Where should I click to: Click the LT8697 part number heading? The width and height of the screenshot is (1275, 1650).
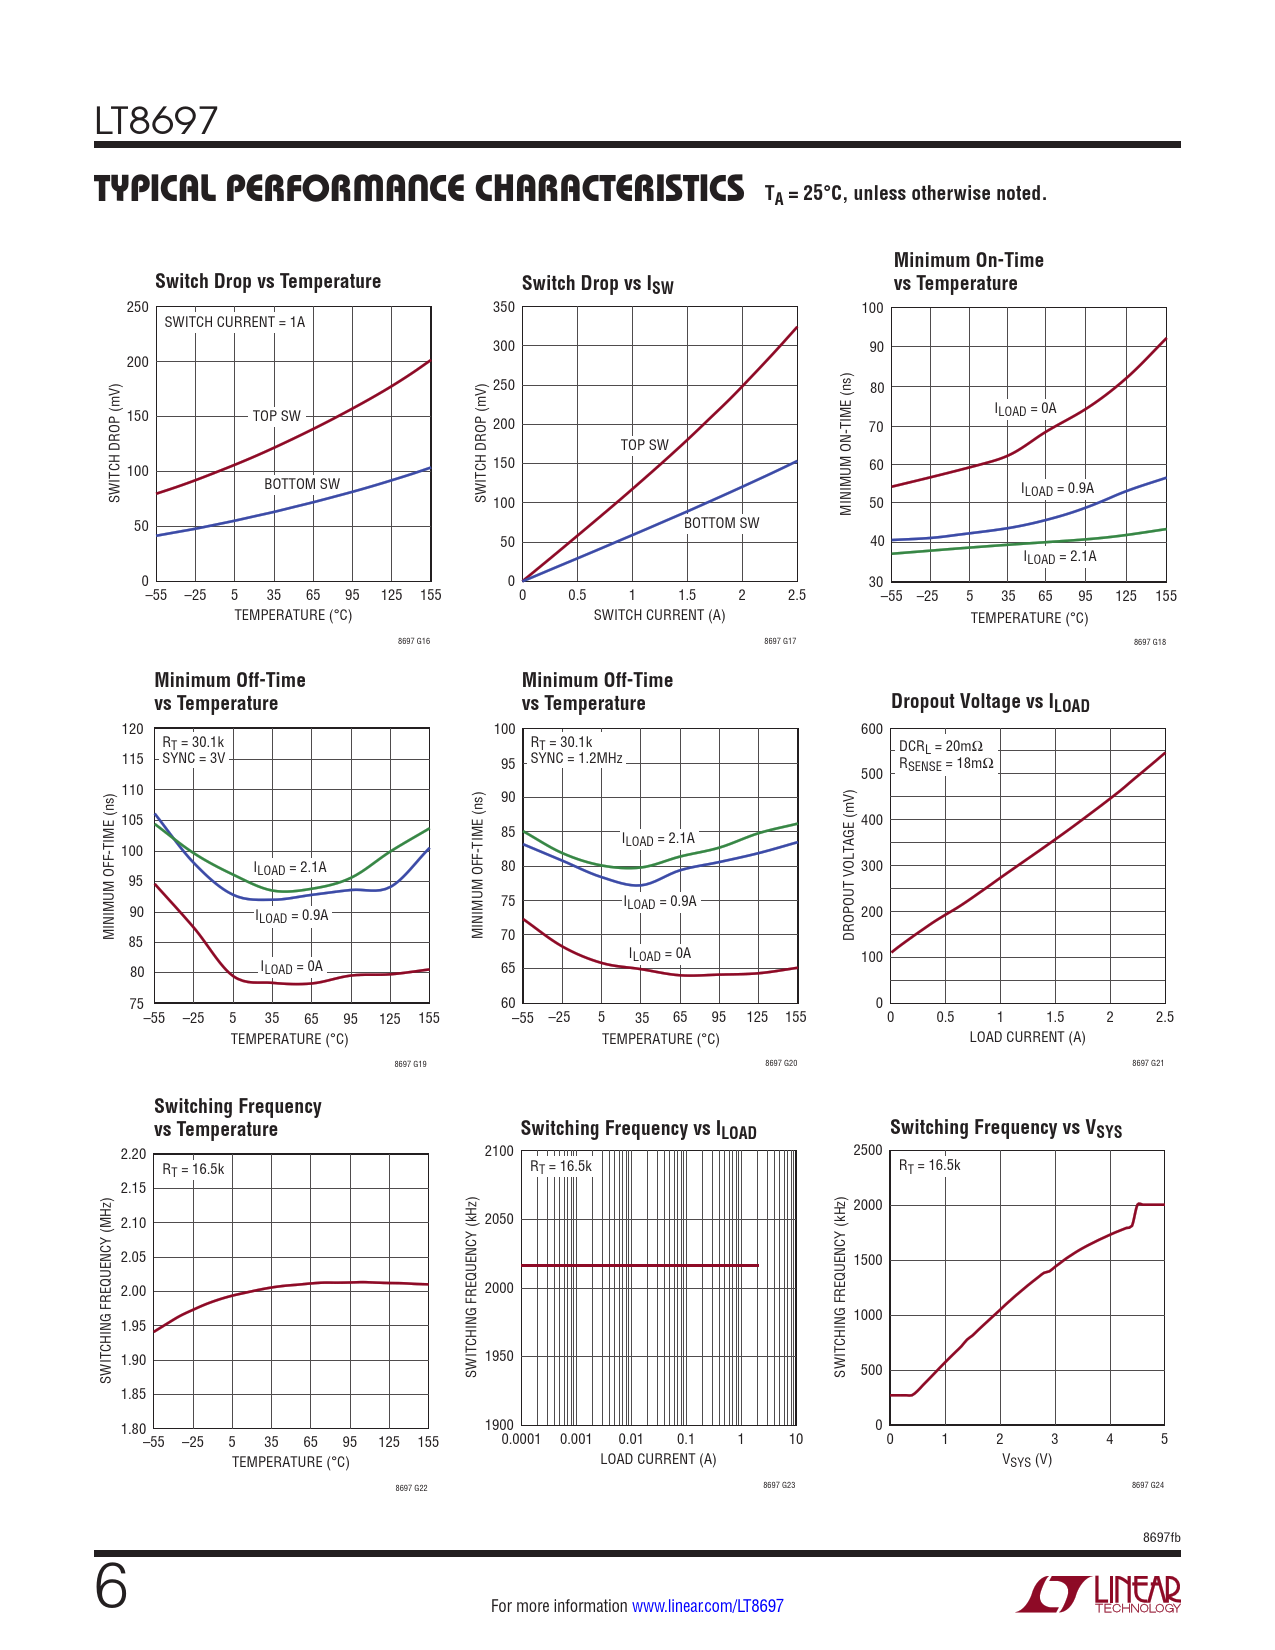click(156, 122)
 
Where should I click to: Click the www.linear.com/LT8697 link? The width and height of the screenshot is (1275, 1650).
click(707, 1606)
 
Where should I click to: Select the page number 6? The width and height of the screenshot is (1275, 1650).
click(111, 1588)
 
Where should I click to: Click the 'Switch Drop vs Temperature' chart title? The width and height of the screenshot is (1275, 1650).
click(268, 281)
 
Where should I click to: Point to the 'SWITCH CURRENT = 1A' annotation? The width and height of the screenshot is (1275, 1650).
click(234, 322)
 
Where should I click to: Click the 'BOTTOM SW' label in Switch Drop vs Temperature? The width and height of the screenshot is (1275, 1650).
click(301, 484)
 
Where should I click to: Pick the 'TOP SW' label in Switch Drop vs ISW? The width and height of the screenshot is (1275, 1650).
click(644, 445)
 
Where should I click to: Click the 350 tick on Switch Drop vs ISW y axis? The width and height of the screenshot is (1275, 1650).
click(504, 307)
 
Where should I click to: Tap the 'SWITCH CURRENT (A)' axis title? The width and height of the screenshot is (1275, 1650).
click(659, 615)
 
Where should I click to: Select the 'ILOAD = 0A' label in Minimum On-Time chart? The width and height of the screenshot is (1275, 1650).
click(1025, 409)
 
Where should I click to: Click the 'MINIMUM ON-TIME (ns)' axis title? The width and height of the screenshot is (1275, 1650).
click(847, 445)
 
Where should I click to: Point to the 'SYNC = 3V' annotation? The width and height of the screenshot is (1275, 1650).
click(194, 758)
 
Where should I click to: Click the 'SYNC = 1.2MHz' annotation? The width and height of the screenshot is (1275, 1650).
click(576, 758)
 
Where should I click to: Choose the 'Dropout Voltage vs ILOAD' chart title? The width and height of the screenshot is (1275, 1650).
click(990, 702)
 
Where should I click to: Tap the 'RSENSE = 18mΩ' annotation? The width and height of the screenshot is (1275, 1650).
click(946, 764)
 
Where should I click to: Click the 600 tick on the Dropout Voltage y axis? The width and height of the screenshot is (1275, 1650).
click(872, 729)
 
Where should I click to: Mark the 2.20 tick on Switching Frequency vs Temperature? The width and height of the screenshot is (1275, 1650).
click(133, 1154)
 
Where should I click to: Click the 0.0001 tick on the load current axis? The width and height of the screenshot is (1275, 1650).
click(521, 1439)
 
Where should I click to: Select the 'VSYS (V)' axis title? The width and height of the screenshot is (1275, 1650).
click(1027, 1460)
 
